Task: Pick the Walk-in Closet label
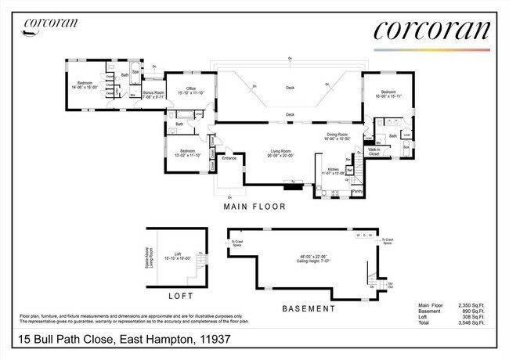[374, 151]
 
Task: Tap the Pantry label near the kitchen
[357, 189]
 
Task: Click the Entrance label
[229, 159]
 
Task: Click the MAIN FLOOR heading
[254, 207]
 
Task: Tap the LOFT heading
[181, 297]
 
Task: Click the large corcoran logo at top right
[431, 31]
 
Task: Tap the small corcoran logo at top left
[50, 23]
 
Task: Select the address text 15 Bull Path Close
[67, 340]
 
